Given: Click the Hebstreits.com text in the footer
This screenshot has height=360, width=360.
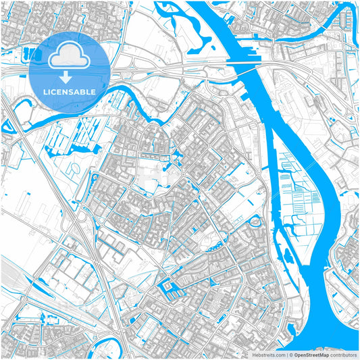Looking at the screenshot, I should (x=269, y=354).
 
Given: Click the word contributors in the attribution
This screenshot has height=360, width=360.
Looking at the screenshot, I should (x=342, y=354).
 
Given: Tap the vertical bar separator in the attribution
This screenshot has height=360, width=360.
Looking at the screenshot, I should (x=287, y=354).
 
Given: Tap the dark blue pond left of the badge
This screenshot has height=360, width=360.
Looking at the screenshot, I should (x=29, y=52).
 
